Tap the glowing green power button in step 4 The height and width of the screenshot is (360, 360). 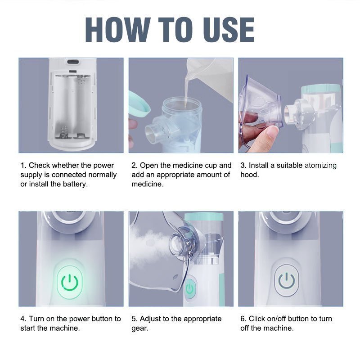pyautogui.click(x=70, y=283)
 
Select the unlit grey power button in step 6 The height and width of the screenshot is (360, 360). pyautogui.click(x=287, y=280)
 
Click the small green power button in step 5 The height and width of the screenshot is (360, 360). pyautogui.click(x=190, y=288)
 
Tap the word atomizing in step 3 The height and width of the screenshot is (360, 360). pyautogui.click(x=320, y=166)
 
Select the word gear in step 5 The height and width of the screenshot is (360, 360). pyautogui.click(x=140, y=328)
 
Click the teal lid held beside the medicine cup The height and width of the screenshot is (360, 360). pyautogui.click(x=139, y=104)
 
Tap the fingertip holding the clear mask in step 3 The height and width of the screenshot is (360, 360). pyautogui.click(x=272, y=133)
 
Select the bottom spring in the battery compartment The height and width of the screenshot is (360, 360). pyautogui.click(x=64, y=132)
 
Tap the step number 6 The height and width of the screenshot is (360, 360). pyautogui.click(x=243, y=319)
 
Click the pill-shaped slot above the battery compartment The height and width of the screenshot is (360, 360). pyautogui.click(x=73, y=62)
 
